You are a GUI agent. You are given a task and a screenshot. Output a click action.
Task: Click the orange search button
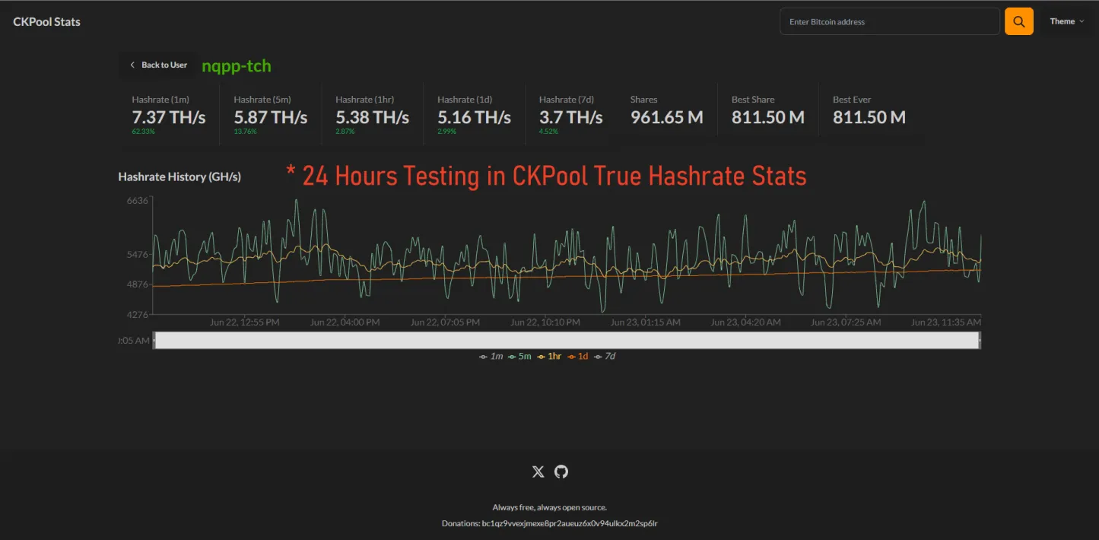point(1018,21)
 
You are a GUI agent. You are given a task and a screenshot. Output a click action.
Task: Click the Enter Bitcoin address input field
point(889,21)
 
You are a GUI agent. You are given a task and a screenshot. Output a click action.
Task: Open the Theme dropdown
point(1066,21)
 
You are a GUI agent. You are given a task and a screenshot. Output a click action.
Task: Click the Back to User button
point(158,65)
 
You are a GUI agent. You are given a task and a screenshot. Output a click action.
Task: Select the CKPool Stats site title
point(46,21)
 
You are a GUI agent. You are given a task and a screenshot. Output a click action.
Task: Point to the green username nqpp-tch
point(236,65)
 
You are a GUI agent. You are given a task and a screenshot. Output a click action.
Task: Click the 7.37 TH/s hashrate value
point(168,117)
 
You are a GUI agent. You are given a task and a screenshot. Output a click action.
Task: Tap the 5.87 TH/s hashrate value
point(270,117)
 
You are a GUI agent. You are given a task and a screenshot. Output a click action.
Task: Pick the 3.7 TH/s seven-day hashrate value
point(570,117)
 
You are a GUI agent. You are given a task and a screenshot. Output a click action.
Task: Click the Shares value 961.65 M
point(666,117)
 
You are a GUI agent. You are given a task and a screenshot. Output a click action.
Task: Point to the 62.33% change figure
point(142,131)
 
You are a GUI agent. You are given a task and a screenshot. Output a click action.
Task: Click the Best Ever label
point(852,100)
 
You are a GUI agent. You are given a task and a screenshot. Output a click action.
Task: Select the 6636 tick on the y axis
point(137,201)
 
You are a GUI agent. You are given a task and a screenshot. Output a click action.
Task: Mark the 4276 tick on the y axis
point(137,314)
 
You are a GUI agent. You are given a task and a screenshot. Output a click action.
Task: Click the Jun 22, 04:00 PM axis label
point(345,322)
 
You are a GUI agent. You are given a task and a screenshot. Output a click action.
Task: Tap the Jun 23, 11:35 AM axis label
point(945,322)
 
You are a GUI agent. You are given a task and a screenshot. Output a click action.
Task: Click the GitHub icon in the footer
point(561,472)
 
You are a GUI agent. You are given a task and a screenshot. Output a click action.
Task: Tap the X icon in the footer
point(538,472)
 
